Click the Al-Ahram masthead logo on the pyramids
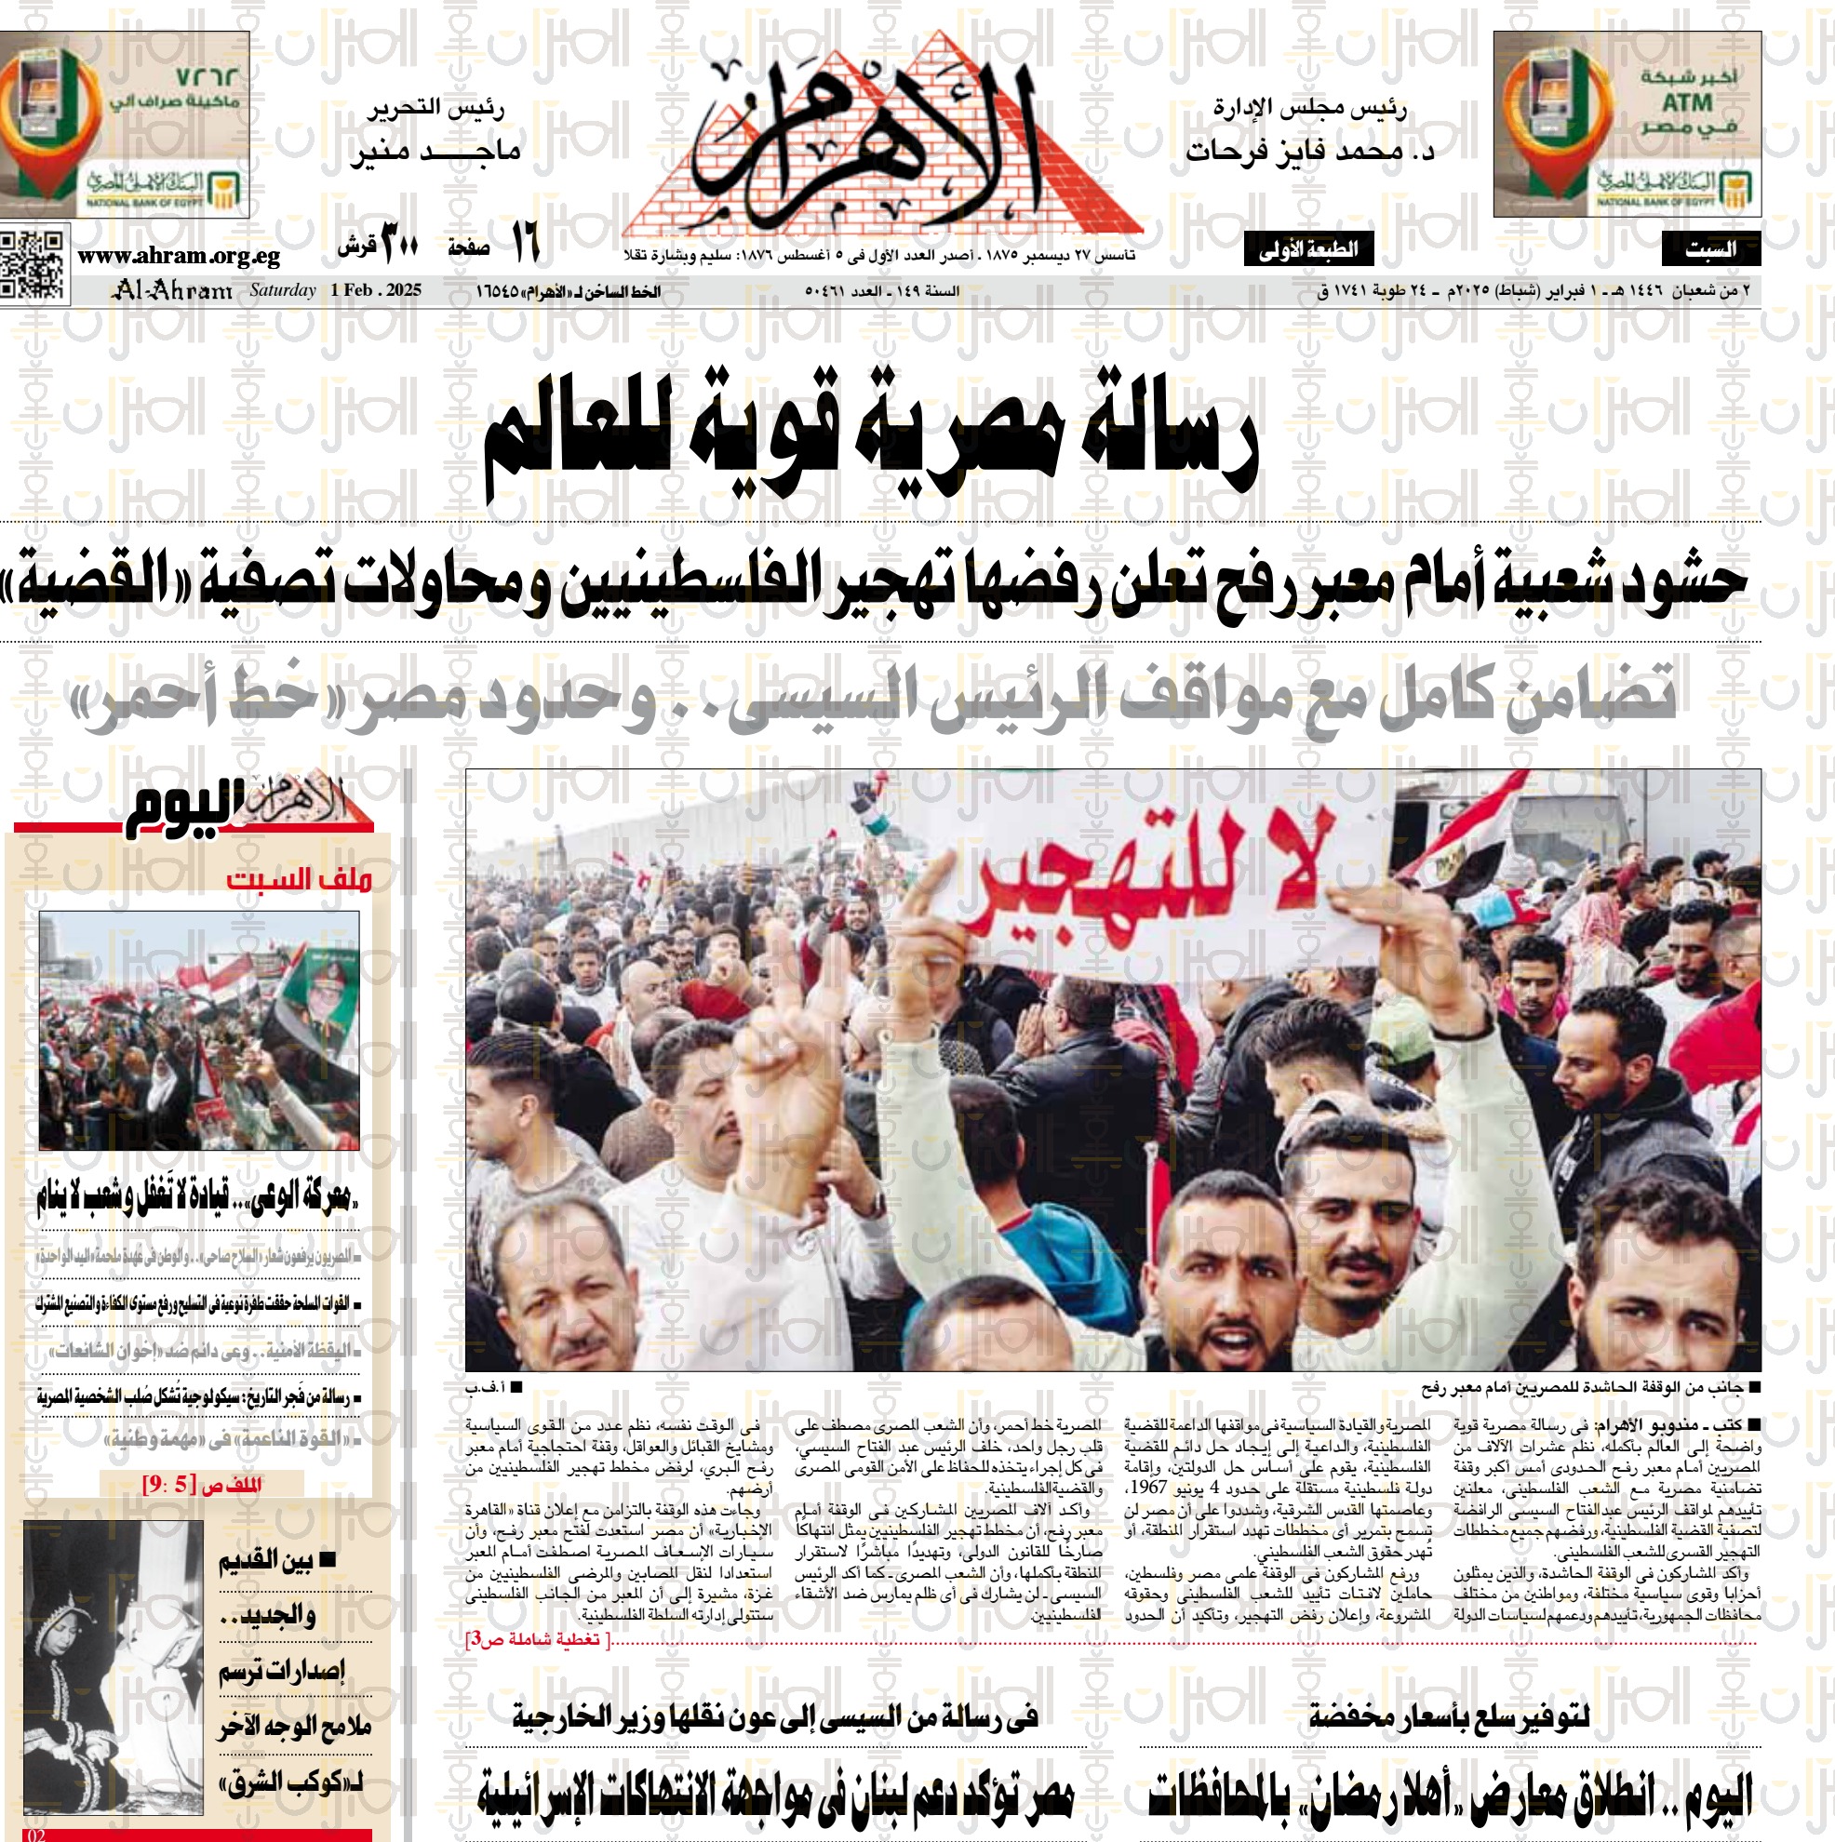click(x=882, y=143)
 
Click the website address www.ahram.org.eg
click(x=179, y=256)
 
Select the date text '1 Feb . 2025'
click(x=376, y=290)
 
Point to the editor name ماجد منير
click(x=435, y=151)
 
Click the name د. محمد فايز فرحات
click(x=1309, y=151)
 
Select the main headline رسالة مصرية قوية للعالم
click(x=870, y=436)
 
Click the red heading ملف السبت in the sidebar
click(x=299, y=878)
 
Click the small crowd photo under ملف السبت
click(x=199, y=1030)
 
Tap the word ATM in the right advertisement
click(x=1687, y=102)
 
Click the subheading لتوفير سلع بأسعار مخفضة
click(x=1449, y=1717)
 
